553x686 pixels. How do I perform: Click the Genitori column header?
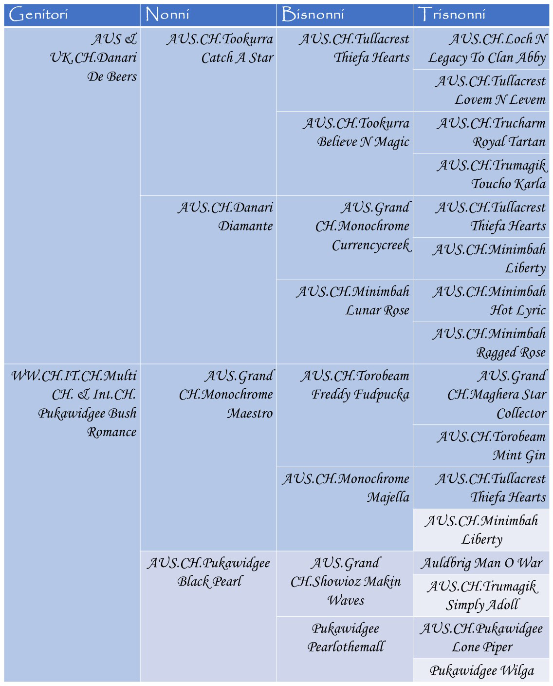tap(72, 15)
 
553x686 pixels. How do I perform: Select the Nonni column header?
tap(208, 15)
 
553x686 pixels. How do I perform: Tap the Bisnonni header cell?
tap(345, 15)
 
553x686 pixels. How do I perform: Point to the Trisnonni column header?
tap(481, 15)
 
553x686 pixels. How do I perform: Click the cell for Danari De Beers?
tap(72, 195)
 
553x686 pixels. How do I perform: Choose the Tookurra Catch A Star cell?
tap(208, 112)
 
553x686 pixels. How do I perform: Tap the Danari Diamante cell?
tap(208, 280)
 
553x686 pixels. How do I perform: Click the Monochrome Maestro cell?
tap(208, 457)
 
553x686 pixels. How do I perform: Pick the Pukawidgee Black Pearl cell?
tap(208, 616)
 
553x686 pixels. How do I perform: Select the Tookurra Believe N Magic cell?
tap(345, 153)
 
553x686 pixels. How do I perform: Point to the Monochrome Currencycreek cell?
tap(345, 238)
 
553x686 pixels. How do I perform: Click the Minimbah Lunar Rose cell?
tap(345, 322)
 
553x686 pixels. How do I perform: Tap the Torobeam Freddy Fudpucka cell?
tap(345, 415)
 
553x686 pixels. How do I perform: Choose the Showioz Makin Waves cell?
tap(345, 583)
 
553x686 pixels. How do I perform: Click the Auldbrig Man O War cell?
tap(481, 563)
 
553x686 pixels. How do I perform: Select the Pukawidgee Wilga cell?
tap(481, 670)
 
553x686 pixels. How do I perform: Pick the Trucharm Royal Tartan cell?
tap(481, 133)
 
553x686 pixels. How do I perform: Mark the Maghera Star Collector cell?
tap(481, 394)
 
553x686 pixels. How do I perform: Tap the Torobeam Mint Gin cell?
tap(481, 446)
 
